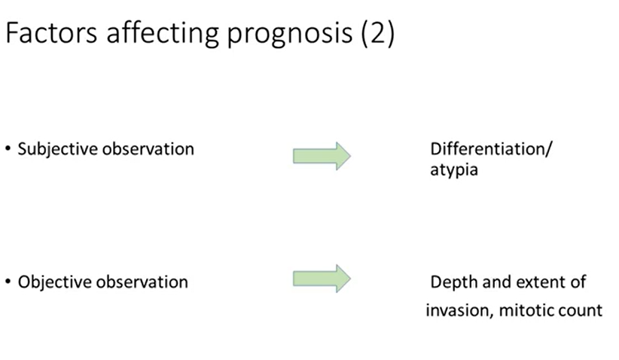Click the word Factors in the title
(51, 35)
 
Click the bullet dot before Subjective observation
(8, 149)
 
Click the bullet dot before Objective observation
(8, 283)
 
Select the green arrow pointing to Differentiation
(322, 155)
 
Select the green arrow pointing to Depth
(322, 279)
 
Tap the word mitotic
(527, 310)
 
